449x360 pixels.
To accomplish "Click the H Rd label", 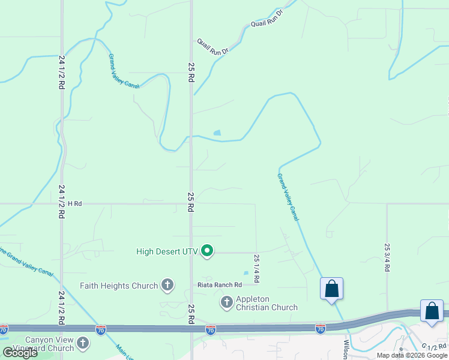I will pos(74,204).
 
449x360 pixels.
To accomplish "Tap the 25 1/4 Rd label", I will pos(256,268).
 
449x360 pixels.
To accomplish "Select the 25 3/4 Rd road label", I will pos(387,257).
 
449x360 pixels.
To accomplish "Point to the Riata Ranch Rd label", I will pos(220,284).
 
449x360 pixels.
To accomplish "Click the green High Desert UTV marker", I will pos(207,250).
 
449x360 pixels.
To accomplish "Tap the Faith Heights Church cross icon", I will pos(167,286).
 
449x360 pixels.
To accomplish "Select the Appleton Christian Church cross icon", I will pos(227,302).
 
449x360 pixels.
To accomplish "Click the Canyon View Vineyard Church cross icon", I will pos(82,343).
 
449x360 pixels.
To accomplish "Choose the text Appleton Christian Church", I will pos(267,303).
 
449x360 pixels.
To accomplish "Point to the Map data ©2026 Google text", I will pos(412,355).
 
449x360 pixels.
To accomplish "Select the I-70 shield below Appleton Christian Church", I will pos(210,329).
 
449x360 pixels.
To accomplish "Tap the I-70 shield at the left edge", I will pos(4,329).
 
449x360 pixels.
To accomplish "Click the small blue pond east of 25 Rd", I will pos(217,133).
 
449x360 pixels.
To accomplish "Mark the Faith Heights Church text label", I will pos(119,286).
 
